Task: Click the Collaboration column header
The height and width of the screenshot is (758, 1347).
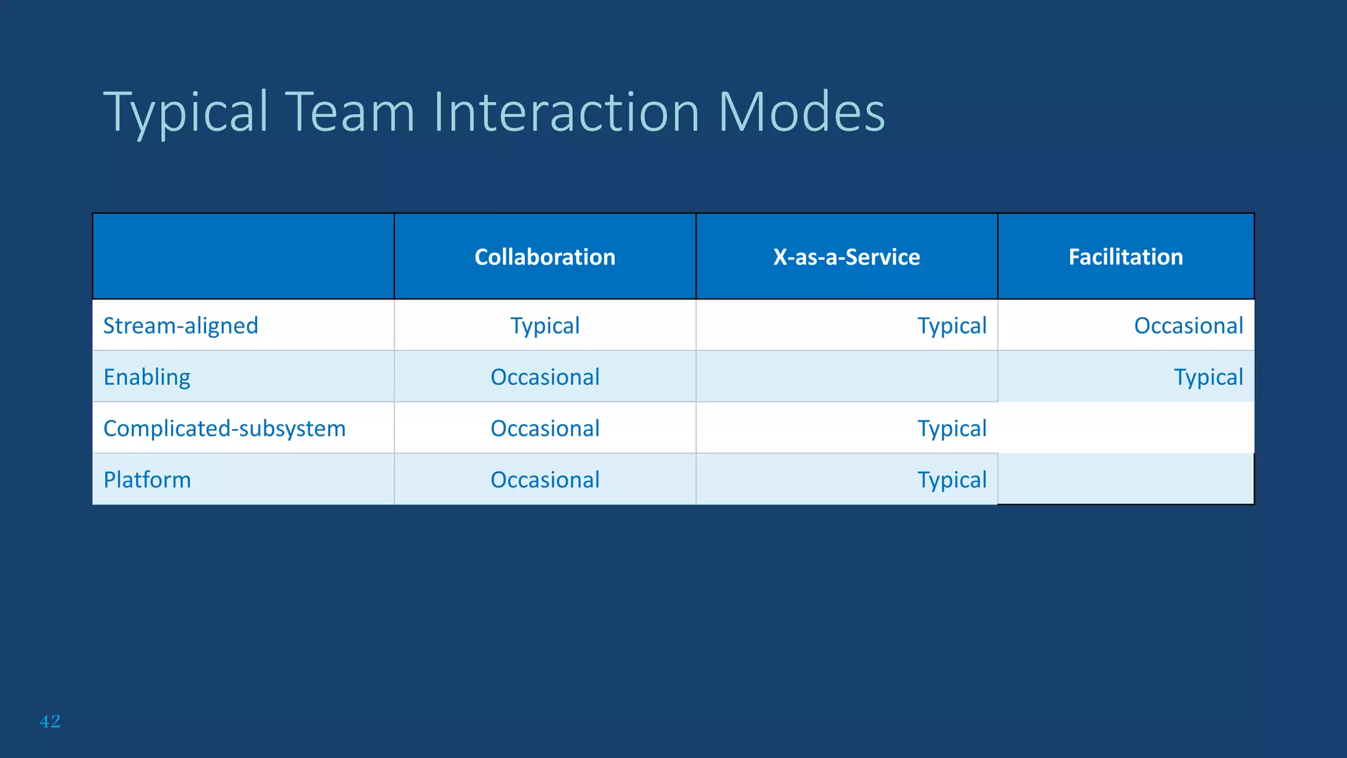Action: coord(545,257)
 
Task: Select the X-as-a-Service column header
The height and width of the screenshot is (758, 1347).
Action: coord(846,257)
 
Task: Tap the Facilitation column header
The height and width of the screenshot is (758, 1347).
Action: coord(1125,257)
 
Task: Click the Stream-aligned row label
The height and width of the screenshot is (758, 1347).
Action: coord(181,326)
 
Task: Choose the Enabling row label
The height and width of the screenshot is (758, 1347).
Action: coord(147,377)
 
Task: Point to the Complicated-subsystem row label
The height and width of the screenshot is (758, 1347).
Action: coord(224,428)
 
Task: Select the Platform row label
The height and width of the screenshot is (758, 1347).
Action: coord(147,480)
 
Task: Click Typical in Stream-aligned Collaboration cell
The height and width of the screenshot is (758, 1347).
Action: coord(545,326)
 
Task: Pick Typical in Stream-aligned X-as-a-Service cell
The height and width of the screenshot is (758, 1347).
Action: coord(952,326)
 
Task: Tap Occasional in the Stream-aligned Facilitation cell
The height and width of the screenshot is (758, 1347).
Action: coord(1188,326)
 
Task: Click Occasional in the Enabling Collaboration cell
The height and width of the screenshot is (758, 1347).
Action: coord(545,377)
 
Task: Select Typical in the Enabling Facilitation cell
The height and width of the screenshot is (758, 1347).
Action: coord(1208,377)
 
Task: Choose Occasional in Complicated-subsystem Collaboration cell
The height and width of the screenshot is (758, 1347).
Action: coord(545,428)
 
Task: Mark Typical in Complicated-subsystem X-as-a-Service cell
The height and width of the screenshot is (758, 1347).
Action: coord(952,428)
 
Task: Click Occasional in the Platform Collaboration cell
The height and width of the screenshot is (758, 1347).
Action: coord(545,480)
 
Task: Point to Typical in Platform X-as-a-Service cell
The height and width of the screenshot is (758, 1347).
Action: coord(952,480)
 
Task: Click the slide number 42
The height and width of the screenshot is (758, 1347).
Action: coord(50,721)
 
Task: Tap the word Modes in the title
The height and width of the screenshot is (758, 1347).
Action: coord(801,112)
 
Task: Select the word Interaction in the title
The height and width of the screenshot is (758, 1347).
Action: coord(566,112)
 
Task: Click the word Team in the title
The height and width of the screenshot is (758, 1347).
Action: coord(350,112)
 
